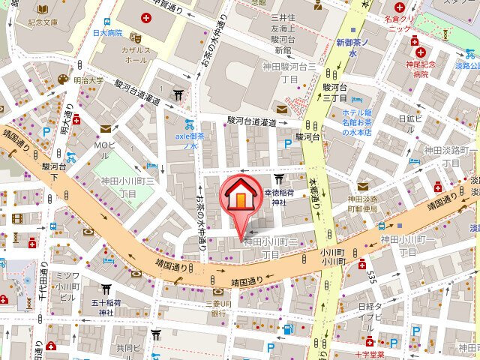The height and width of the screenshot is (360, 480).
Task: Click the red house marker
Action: (x=240, y=196)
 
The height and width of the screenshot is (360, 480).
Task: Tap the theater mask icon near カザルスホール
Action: (x=136, y=35)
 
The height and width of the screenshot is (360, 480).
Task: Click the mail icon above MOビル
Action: (x=105, y=129)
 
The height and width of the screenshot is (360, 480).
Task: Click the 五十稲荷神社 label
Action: (x=106, y=307)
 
